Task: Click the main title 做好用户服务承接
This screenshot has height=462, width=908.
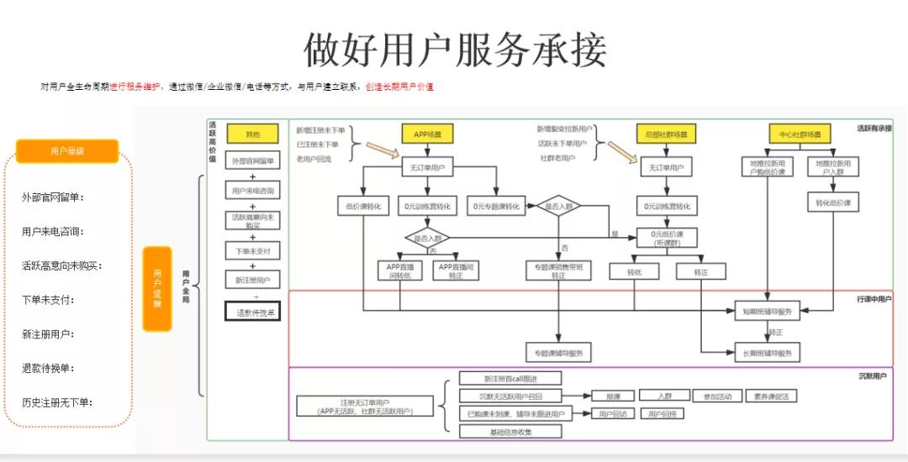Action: [454, 50]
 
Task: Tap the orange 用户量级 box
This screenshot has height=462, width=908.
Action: [67, 151]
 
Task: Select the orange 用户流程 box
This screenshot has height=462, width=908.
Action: [157, 288]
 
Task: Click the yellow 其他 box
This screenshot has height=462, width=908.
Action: [252, 134]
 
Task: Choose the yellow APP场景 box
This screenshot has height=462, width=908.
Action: [428, 134]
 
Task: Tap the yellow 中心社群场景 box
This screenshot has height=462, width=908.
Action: [800, 134]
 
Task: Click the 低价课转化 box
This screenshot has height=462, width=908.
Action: [363, 206]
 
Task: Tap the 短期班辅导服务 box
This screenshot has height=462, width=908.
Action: [768, 312]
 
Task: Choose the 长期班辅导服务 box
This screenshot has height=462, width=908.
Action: [768, 353]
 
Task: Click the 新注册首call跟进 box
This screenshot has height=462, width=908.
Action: [510, 378]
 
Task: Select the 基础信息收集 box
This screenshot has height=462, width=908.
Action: [510, 432]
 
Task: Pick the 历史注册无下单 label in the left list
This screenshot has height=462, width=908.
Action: [57, 402]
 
